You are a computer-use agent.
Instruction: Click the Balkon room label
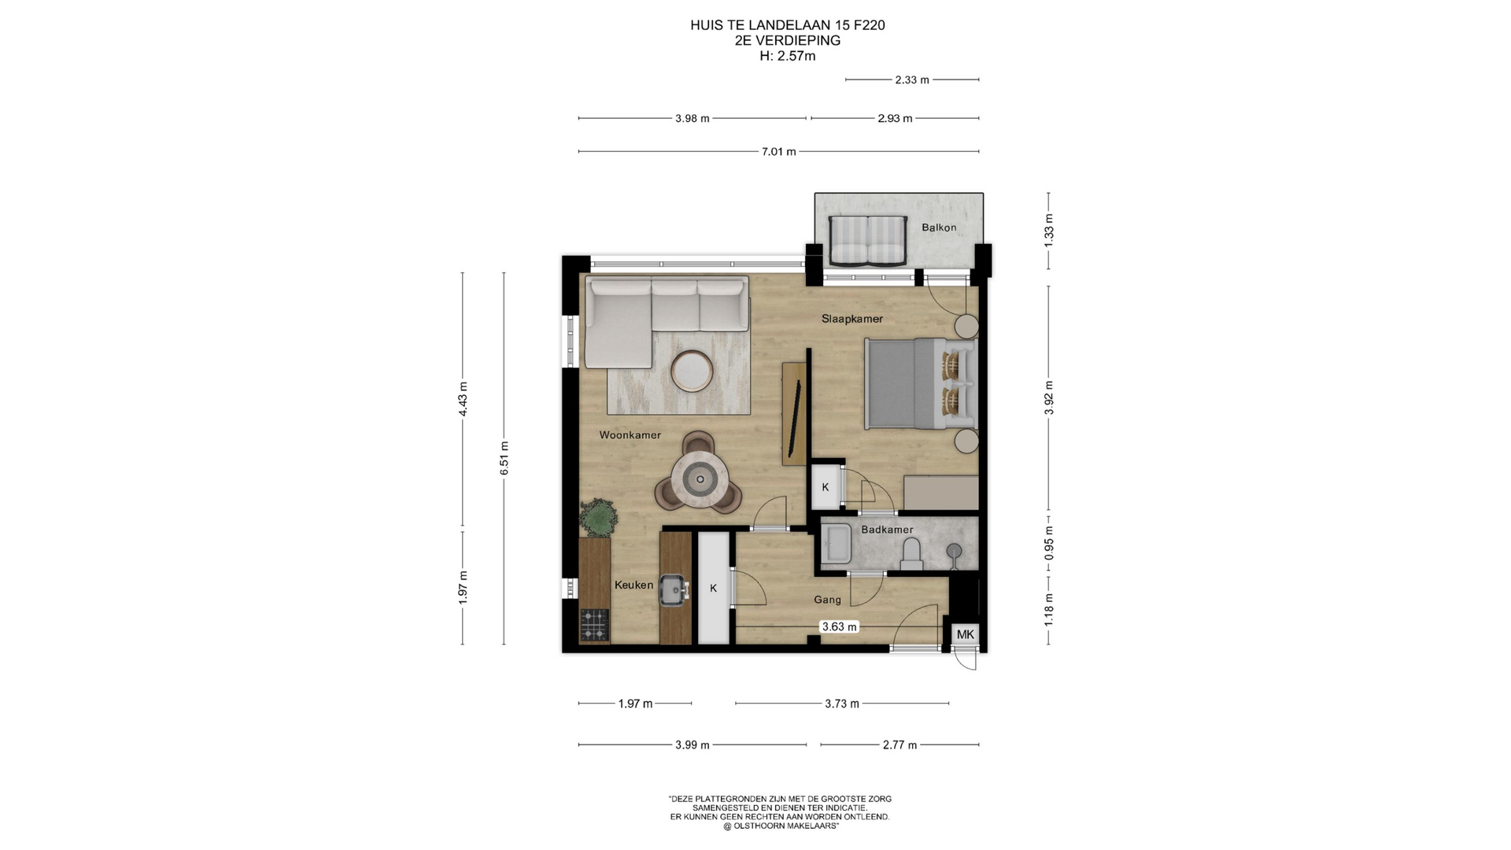click(x=939, y=227)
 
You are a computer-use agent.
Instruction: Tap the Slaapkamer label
click(x=852, y=319)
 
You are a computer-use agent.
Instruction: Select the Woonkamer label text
click(x=630, y=435)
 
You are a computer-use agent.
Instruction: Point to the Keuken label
click(x=634, y=585)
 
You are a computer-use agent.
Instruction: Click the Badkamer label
click(x=887, y=530)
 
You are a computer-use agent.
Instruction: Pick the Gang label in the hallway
click(x=827, y=600)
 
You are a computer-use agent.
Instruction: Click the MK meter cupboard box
click(x=965, y=634)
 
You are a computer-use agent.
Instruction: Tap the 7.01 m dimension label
click(x=778, y=151)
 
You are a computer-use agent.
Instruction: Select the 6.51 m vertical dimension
click(x=504, y=458)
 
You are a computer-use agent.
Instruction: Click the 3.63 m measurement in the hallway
click(x=839, y=627)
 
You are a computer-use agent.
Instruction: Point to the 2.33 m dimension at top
click(x=912, y=79)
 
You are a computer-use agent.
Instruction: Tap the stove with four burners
click(x=594, y=626)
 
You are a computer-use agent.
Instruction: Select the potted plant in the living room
click(x=598, y=517)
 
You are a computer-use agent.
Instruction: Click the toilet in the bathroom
click(x=911, y=554)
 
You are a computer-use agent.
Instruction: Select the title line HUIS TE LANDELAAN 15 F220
click(x=787, y=25)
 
